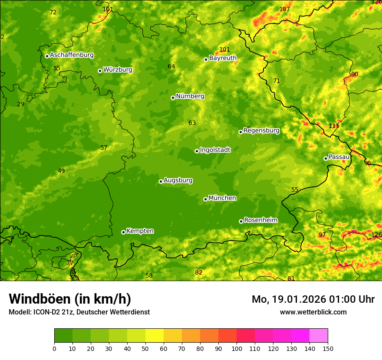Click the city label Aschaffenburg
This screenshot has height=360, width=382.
(x=72, y=55)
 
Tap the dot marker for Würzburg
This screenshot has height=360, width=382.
(x=100, y=71)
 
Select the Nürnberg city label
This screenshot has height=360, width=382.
(x=190, y=96)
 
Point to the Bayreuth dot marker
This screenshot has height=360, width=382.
(x=206, y=59)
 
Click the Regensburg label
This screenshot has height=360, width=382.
(x=261, y=130)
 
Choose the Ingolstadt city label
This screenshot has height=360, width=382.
(x=215, y=150)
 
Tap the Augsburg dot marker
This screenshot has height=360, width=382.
(x=161, y=181)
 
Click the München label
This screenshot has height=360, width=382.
(x=222, y=198)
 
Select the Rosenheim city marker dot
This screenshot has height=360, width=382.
(x=241, y=221)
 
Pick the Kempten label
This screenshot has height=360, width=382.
(x=140, y=231)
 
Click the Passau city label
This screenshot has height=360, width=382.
(x=339, y=157)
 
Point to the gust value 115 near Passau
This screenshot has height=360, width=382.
(x=334, y=126)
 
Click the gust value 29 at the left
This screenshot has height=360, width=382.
(x=20, y=104)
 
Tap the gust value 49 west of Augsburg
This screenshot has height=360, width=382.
(x=61, y=171)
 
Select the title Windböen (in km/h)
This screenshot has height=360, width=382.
(x=69, y=299)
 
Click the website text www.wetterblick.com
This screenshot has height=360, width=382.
(x=313, y=312)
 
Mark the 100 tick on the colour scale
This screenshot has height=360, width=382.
(x=237, y=348)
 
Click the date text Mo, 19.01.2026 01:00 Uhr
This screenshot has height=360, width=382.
(x=313, y=299)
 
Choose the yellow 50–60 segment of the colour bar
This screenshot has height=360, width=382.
(x=155, y=336)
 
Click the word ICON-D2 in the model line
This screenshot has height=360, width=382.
(x=48, y=312)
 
